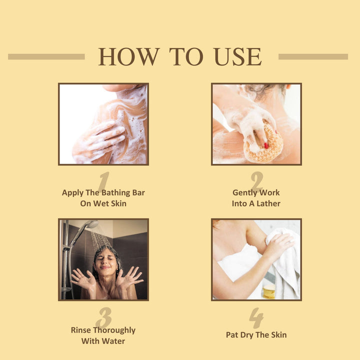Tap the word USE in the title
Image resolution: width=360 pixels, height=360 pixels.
[x=238, y=56]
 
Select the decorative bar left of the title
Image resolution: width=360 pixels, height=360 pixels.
[x=46, y=56]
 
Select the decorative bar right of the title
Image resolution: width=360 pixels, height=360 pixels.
[x=313, y=56]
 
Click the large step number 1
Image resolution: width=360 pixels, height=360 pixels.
[x=104, y=181]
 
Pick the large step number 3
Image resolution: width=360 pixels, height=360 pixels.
[x=104, y=317]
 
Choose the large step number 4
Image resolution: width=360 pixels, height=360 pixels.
[x=256, y=318]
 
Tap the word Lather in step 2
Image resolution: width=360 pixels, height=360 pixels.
[x=268, y=203]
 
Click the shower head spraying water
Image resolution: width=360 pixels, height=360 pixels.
[x=92, y=224]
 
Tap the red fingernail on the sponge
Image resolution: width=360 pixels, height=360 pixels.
[x=266, y=145]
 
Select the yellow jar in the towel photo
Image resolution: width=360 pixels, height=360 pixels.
[x=269, y=291]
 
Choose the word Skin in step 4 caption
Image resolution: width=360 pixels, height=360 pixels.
[x=278, y=334]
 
